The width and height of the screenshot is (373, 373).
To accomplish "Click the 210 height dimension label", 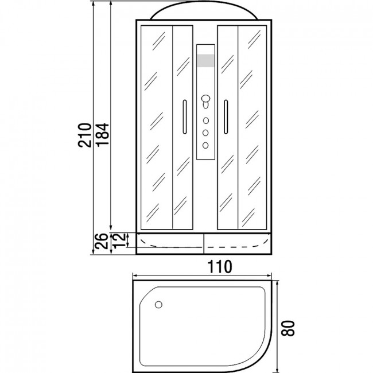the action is tap(85, 135).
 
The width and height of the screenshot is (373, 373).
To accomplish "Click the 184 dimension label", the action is tap(102, 134).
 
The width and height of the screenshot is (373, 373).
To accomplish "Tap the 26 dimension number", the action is tap(102, 241).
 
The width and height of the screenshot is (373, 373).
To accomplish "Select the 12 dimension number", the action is tap(118, 240).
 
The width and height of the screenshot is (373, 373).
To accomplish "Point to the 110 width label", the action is tap(220, 266).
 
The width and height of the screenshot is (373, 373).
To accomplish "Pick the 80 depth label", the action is tap(288, 328).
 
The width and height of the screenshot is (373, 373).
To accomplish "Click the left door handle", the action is tap(185, 117).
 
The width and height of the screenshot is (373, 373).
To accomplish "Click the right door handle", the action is tap(226, 117).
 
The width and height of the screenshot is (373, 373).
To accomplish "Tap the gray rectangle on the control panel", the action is tap(205, 61).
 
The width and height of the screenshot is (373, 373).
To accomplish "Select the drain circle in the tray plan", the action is tap(158, 305).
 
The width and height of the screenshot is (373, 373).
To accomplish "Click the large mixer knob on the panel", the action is tap(205, 99).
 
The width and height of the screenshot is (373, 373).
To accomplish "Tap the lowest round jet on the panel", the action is tap(205, 145).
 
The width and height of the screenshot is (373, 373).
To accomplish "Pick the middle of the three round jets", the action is tap(205, 133).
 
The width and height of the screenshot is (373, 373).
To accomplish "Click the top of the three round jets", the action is tap(206, 121).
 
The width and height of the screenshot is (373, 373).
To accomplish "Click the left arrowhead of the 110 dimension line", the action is tap(135, 275).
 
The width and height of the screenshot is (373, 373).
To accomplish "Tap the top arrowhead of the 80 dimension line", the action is tap(277, 283).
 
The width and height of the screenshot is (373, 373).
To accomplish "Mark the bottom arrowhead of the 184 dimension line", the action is tap(111, 227).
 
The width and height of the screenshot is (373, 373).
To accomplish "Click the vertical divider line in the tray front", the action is tap(204, 243).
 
